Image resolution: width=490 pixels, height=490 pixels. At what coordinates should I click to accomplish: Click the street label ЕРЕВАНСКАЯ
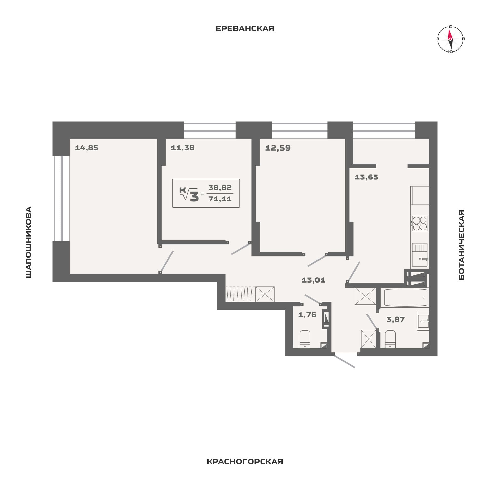click(x=245, y=28)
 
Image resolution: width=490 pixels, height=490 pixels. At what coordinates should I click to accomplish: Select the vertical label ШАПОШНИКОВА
click(x=28, y=242)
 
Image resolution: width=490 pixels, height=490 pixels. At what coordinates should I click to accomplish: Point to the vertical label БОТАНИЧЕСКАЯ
click(x=461, y=245)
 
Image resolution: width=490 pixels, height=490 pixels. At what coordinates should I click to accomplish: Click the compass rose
click(x=450, y=39)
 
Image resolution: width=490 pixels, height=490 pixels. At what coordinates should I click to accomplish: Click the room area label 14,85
click(x=87, y=148)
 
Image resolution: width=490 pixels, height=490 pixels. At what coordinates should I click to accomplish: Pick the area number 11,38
click(x=182, y=148)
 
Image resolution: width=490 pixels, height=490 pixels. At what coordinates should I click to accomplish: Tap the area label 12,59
click(x=278, y=148)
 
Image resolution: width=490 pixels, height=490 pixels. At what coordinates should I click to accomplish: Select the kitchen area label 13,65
click(x=366, y=177)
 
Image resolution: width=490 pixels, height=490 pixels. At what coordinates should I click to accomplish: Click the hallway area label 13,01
click(x=313, y=280)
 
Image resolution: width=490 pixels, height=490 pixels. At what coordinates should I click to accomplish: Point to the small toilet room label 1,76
click(x=307, y=315)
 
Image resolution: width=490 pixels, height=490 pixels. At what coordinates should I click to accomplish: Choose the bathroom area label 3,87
click(x=396, y=319)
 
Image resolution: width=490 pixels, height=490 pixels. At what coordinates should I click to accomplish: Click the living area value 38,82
click(x=220, y=188)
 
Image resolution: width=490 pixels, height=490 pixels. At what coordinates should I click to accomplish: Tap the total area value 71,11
click(x=220, y=199)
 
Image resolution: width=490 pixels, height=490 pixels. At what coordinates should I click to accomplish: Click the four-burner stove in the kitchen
click(x=420, y=224)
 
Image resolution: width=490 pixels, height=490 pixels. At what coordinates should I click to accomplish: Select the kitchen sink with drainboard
click(x=420, y=255)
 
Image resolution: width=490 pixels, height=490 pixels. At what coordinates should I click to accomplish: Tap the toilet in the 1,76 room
click(x=305, y=339)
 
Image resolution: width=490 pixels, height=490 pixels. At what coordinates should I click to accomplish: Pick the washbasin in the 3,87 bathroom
click(x=423, y=321)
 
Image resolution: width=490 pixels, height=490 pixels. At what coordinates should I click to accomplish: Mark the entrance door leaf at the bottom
click(x=344, y=361)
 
